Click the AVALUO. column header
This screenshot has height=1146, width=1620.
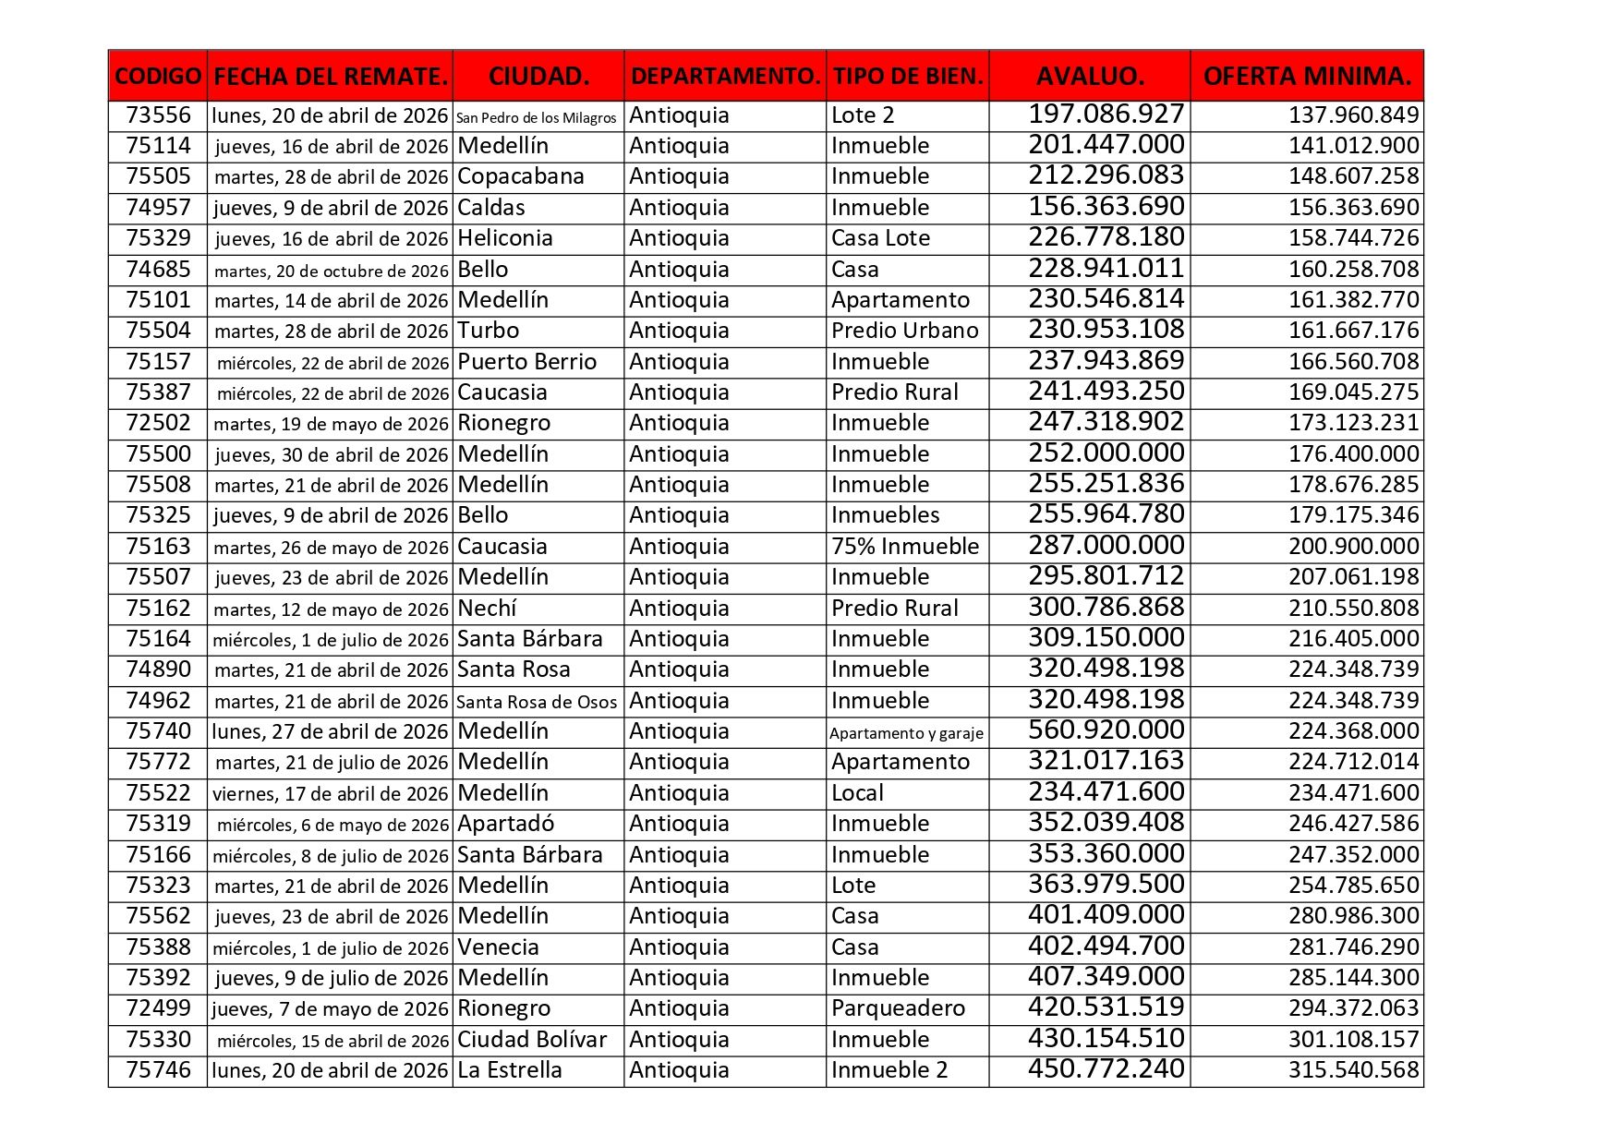tap(1090, 76)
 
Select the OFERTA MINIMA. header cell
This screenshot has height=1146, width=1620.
tap(1307, 76)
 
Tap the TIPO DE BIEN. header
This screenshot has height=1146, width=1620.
tap(908, 76)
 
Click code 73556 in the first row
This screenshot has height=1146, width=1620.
tap(158, 115)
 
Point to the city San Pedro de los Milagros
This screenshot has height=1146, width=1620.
tap(537, 117)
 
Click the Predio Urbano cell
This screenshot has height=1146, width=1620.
tap(904, 331)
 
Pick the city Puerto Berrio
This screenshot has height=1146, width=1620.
tap(527, 362)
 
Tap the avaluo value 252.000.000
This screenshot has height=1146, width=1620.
tap(1106, 453)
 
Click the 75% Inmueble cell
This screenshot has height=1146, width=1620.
tap(905, 547)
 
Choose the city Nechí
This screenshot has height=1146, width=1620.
tap(487, 609)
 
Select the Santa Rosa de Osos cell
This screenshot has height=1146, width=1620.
tap(537, 702)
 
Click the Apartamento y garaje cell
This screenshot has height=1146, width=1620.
tap(906, 733)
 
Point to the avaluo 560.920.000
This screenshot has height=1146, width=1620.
tap(1106, 730)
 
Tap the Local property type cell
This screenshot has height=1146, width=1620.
tap(857, 793)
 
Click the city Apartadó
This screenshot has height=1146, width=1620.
tap(505, 824)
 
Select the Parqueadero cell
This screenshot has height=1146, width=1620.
tap(898, 1008)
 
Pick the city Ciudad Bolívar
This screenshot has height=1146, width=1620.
tap(532, 1040)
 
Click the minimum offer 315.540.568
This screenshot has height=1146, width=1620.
tap(1353, 1070)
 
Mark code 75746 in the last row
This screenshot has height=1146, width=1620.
tap(158, 1070)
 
